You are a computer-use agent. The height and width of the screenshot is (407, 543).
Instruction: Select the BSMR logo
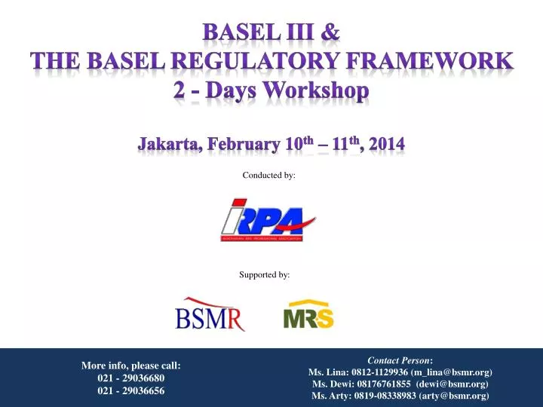point(210,314)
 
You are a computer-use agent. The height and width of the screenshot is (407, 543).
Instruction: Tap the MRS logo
point(308,315)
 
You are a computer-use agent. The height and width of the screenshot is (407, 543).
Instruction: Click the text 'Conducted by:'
point(269,175)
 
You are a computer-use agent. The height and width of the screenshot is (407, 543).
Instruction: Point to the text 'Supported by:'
point(265,275)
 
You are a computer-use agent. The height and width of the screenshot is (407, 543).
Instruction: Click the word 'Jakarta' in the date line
point(169,142)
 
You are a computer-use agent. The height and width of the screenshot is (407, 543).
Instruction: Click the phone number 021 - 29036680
point(131,378)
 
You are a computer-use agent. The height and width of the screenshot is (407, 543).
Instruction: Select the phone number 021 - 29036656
point(131,390)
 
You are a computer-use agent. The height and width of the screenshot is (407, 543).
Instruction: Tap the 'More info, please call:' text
point(131,366)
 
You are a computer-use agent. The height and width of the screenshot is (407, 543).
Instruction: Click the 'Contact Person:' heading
point(400,361)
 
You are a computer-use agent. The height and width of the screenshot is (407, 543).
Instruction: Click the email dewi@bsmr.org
point(452,384)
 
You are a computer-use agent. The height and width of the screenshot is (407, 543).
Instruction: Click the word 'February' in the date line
point(244,142)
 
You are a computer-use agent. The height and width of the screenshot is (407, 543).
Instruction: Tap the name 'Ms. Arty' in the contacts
point(329,396)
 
